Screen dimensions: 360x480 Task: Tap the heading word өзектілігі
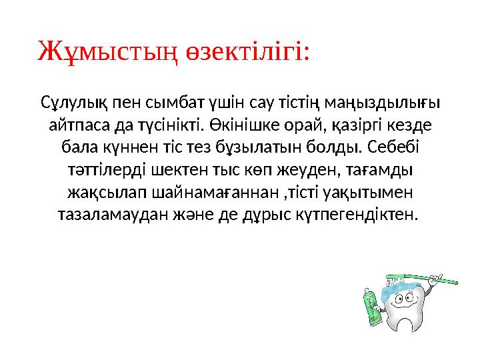pyautogui.click(x=248, y=51)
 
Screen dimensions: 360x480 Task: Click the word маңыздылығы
pyautogui.click(x=391, y=103)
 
